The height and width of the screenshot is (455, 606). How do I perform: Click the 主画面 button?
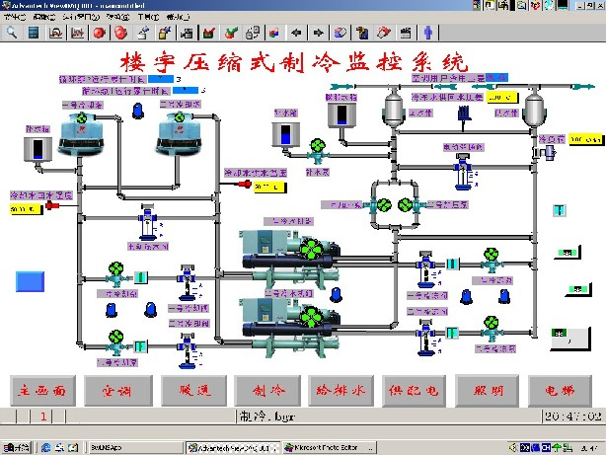click(41, 389)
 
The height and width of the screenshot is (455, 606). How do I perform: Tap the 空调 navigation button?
click(115, 389)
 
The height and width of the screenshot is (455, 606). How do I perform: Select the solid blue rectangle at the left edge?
click(31, 279)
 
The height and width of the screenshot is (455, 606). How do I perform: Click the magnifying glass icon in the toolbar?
click(12, 32)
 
